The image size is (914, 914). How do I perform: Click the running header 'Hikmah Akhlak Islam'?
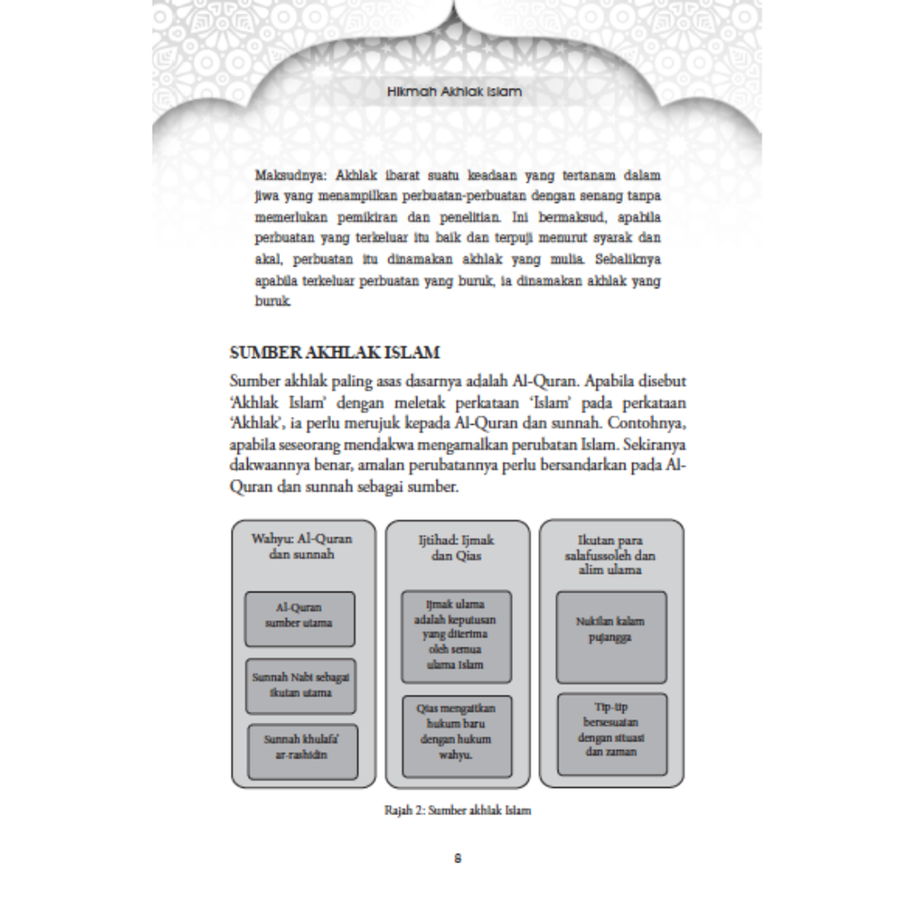456,92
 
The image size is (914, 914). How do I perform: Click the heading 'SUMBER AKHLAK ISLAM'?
335,354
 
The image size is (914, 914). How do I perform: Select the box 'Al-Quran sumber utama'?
299,618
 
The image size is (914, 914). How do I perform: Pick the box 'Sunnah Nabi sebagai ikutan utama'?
299,685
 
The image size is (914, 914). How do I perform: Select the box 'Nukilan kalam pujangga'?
611,636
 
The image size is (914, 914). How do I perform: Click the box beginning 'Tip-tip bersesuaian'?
611,734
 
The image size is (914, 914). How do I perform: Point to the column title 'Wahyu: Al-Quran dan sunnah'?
302,547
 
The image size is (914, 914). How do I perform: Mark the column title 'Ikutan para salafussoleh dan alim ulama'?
611,553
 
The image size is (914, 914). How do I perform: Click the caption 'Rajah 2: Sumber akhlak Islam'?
456,811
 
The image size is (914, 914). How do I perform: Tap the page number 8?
457,860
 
